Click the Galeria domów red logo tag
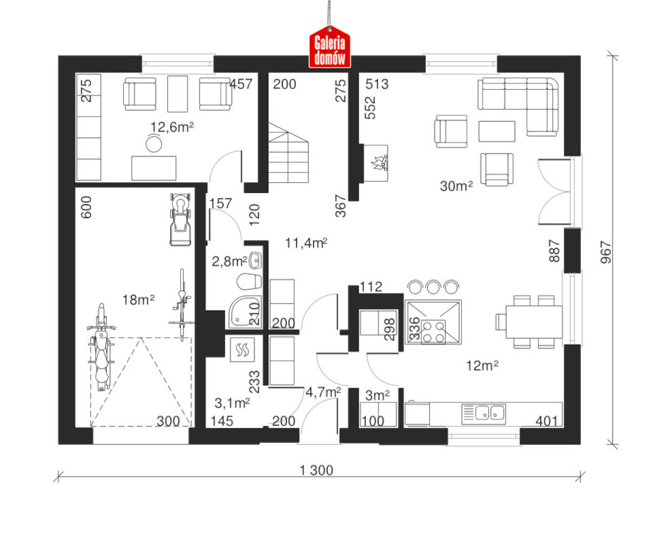tap(330, 47)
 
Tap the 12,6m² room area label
tap(172, 127)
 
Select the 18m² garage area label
tap(138, 300)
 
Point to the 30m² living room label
tap(456, 186)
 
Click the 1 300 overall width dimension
tap(316, 470)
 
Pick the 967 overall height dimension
tap(606, 252)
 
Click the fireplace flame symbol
tap(379, 163)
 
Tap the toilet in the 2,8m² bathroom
tap(248, 281)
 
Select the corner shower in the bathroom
tap(245, 312)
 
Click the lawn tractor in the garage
tap(180, 219)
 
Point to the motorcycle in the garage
tap(101, 347)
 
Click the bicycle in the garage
tap(182, 305)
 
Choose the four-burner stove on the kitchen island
tap(434, 332)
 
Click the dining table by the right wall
tap(534, 322)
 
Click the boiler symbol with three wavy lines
tap(242, 350)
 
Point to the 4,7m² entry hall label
tap(323, 392)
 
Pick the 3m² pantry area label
tap(377, 395)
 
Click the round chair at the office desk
tap(154, 144)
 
